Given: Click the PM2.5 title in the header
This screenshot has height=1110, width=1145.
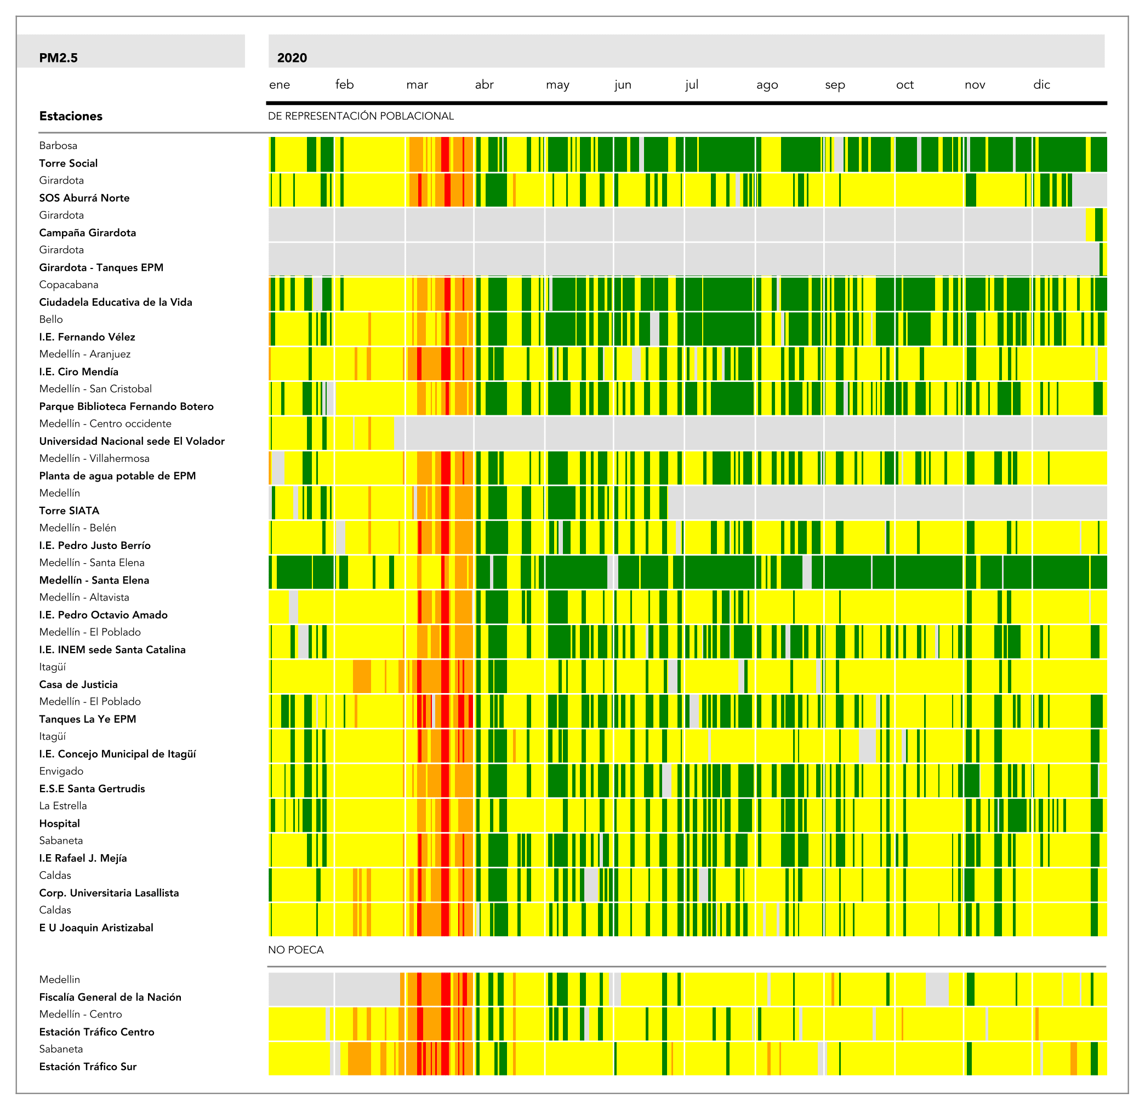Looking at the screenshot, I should tap(58, 58).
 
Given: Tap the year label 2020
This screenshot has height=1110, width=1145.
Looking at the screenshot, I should tap(292, 58).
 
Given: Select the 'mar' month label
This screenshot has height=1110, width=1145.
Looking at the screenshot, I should tap(417, 85).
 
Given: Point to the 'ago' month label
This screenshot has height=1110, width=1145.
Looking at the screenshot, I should tap(766, 85).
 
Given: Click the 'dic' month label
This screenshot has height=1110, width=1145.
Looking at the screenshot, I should tap(1041, 85).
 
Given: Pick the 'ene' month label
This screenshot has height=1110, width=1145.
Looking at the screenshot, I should tap(279, 85).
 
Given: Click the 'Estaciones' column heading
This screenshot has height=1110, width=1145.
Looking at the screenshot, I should tap(71, 116).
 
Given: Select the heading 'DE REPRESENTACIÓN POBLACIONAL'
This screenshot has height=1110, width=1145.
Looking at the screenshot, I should tap(361, 116).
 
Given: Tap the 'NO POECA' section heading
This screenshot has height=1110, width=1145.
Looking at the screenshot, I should tap(295, 950).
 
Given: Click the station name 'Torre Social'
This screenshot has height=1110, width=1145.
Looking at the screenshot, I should tap(69, 163).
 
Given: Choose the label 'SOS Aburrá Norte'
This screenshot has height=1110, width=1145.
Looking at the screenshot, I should tap(84, 198).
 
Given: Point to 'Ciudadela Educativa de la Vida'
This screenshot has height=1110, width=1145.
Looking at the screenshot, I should tap(115, 302).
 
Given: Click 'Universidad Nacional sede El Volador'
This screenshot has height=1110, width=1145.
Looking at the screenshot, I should tap(132, 441).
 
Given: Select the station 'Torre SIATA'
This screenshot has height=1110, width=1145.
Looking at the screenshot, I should tap(69, 510).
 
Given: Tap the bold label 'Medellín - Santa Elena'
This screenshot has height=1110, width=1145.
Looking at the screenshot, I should tap(94, 580).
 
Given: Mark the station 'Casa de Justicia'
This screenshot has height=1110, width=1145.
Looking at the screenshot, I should tap(78, 684).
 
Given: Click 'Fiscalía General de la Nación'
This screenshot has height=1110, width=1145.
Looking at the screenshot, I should tap(110, 997).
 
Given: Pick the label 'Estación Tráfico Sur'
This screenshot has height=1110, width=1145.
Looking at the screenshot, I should tap(88, 1067).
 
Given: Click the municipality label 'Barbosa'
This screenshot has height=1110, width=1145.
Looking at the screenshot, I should tap(58, 145).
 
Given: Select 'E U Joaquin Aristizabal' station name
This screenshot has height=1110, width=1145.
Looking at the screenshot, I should tap(96, 928).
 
